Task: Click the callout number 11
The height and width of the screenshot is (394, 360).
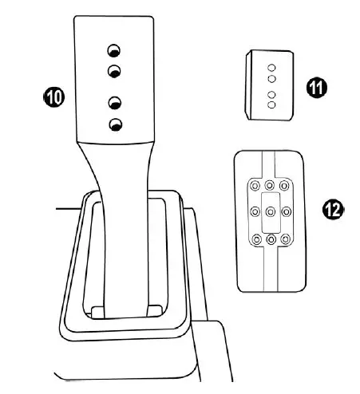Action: pos(319,87)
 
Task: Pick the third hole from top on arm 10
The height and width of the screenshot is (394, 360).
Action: pos(115,103)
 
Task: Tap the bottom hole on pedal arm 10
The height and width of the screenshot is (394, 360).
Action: pos(115,124)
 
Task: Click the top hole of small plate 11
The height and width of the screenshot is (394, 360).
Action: pos(271,68)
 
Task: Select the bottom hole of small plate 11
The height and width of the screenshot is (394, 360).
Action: pos(271,104)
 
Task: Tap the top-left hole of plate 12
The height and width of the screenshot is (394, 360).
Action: pos(255,185)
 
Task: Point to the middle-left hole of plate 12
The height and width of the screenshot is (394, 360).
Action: pos(255,212)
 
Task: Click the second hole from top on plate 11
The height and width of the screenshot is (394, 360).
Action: pos(271,80)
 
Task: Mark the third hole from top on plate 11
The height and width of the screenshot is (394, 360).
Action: pos(271,94)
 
